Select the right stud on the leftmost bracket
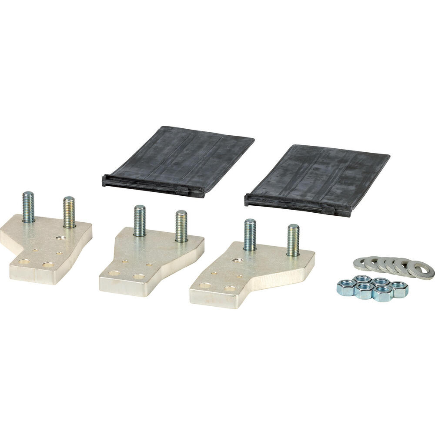pyautogui.click(x=69, y=212)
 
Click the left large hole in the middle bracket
pyautogui.click(x=114, y=273)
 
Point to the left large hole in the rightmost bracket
pyautogui.click(x=205, y=285)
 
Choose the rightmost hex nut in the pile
pyautogui.click(x=399, y=288)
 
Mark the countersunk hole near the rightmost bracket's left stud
pyautogui.click(x=238, y=260)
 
